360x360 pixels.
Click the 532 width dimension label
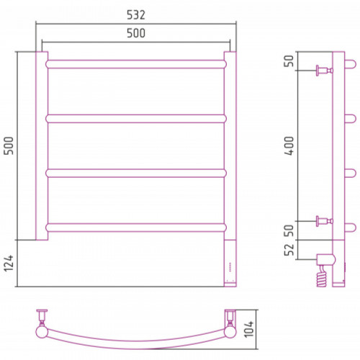tap(136, 15)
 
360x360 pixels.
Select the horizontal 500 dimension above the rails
tap(136, 33)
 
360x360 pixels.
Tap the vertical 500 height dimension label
tap(9, 145)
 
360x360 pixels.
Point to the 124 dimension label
tap(9, 264)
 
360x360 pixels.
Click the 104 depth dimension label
tap(249, 329)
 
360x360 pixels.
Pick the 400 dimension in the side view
tap(289, 146)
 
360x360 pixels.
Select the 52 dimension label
tap(289, 250)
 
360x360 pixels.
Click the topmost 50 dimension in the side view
tap(289, 61)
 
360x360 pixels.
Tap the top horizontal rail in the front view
tap(136, 64)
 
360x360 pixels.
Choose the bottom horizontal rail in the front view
tap(136, 228)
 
